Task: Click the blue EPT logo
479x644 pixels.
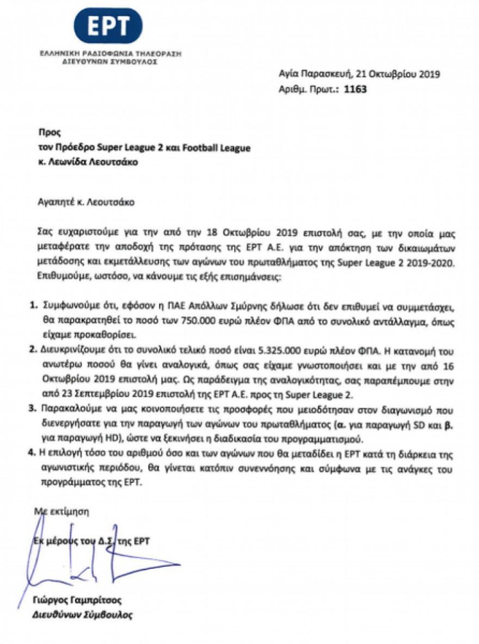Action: (x=108, y=26)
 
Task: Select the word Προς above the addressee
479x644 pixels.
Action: (x=47, y=132)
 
